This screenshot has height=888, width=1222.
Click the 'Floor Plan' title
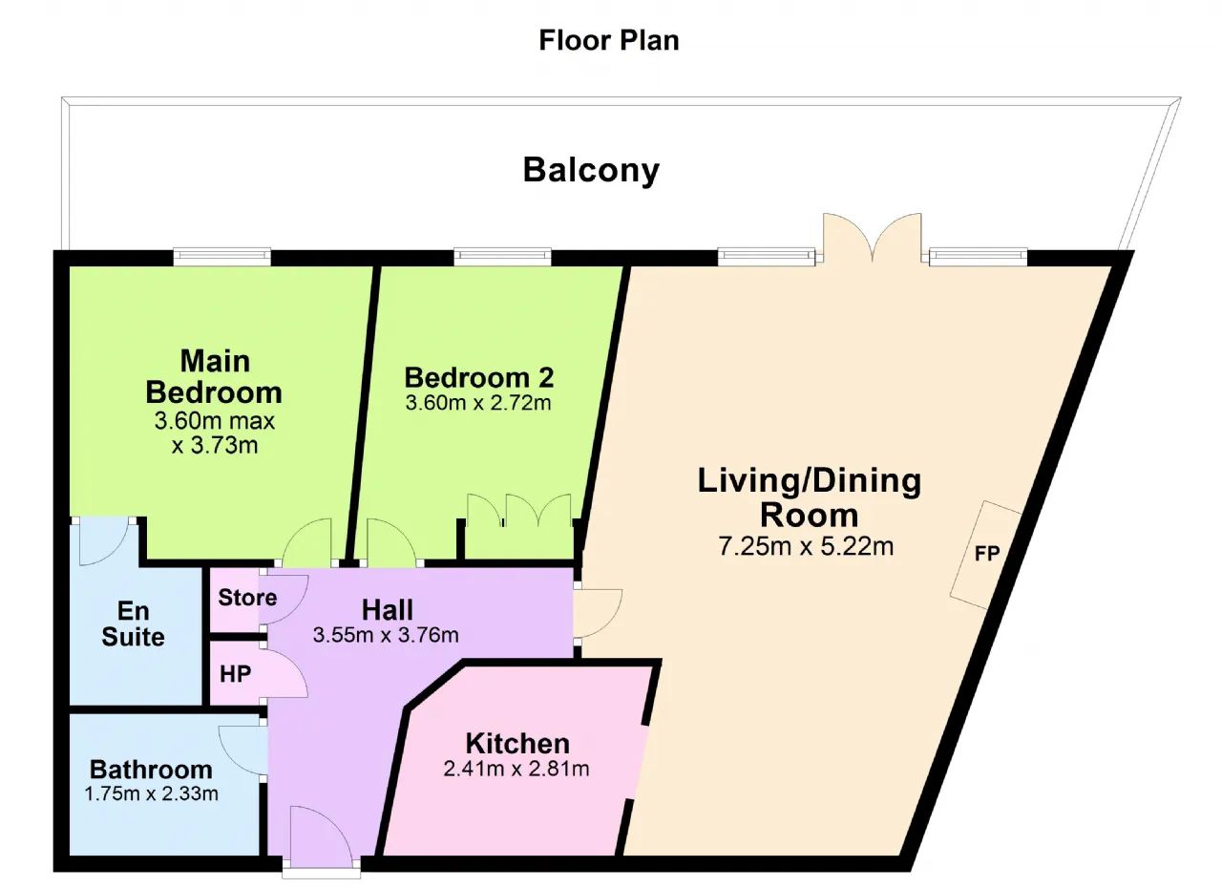point(609,40)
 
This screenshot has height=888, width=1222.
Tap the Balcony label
point(591,170)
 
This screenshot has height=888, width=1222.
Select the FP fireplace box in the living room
point(986,554)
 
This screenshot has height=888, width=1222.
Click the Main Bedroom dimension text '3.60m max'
point(215,421)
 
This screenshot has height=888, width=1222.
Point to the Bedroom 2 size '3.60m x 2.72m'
point(478,403)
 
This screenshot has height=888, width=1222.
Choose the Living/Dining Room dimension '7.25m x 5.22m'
point(806,546)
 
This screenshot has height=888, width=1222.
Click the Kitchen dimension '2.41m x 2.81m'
point(516,769)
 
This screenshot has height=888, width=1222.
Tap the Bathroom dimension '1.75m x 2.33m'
point(151,793)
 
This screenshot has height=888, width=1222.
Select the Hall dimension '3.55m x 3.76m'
point(386,635)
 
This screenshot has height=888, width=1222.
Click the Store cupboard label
point(247,598)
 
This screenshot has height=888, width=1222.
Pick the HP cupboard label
point(235,674)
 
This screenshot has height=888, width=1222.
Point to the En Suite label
point(133,624)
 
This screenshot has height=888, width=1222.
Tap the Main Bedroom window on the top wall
point(222,256)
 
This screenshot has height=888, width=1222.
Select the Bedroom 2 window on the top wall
point(502,256)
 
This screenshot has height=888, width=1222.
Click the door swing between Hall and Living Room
point(598,613)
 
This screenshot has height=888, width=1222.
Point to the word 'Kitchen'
point(517,744)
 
